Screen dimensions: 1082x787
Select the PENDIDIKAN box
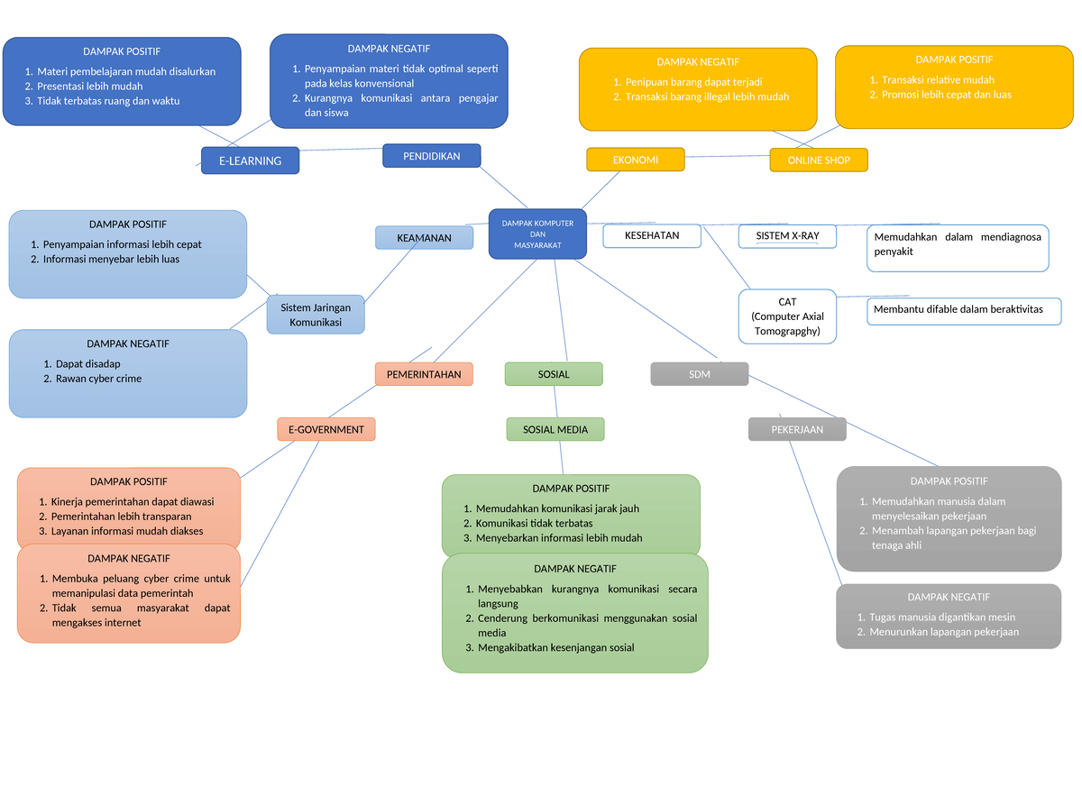431,156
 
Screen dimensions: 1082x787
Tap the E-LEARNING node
250,160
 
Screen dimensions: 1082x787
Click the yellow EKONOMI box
636,160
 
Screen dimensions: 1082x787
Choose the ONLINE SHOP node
819,160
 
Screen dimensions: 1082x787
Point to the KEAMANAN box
425,238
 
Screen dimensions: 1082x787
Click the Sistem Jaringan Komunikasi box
316,315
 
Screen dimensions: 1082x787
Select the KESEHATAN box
652,235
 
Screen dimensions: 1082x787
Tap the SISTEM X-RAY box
787,235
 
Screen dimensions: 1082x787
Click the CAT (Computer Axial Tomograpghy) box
787,316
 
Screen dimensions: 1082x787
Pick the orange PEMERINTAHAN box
424,374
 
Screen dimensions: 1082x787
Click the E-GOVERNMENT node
326,430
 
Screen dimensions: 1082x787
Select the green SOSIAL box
554,374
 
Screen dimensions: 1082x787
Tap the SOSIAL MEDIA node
555,430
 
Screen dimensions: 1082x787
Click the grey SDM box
700,374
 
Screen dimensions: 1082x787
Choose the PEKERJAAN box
797,430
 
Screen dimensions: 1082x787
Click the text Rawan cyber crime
98,379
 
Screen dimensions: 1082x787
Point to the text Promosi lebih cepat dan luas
946,95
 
